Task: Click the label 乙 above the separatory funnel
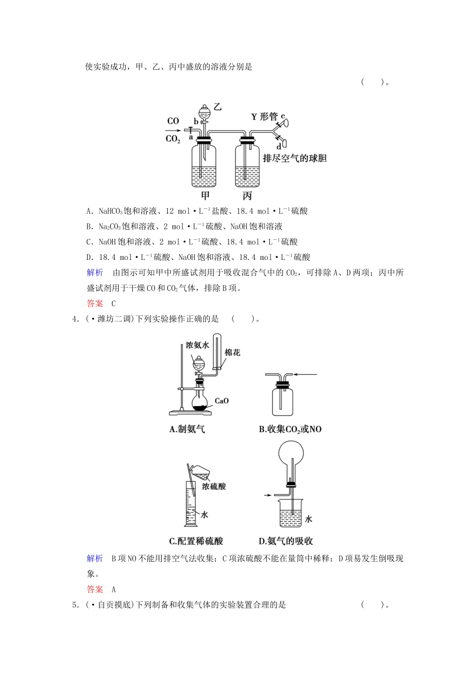[x=217, y=107]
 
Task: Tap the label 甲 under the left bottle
[x=204, y=195]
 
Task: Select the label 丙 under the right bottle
[x=247, y=195]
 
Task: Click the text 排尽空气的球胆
[x=295, y=159]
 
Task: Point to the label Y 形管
[x=264, y=117]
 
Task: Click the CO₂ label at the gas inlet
[x=173, y=139]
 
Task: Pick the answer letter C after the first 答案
[x=113, y=303]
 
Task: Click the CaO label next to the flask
[x=221, y=401]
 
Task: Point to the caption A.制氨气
[x=187, y=429]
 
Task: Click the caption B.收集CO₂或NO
[x=290, y=429]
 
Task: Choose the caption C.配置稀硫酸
[x=196, y=541]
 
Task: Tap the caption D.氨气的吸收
[x=286, y=541]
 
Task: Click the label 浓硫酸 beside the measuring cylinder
[x=214, y=486]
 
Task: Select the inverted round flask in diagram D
[x=289, y=455]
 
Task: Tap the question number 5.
[x=75, y=605]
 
